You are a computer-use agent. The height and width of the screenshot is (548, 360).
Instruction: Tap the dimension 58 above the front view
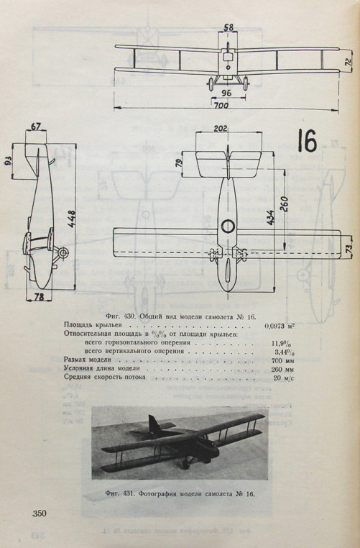pyautogui.click(x=229, y=27)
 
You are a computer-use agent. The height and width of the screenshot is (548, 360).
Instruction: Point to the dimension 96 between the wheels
pyautogui.click(x=226, y=93)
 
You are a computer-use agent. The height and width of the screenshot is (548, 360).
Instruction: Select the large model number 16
pyautogui.click(x=308, y=140)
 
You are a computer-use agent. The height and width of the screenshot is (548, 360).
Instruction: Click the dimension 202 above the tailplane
pyautogui.click(x=221, y=128)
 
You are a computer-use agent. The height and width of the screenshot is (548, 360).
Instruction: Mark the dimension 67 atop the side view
pyautogui.click(x=36, y=127)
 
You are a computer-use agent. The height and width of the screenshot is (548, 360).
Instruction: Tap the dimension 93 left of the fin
pyautogui.click(x=9, y=160)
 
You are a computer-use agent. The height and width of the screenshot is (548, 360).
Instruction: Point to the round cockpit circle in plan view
pyautogui.click(x=227, y=227)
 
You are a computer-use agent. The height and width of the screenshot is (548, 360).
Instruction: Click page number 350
pyautogui.click(x=40, y=513)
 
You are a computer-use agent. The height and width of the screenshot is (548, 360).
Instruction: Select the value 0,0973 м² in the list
pyautogui.click(x=279, y=326)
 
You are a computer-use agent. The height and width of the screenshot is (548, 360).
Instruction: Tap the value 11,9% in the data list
pyautogui.click(x=282, y=343)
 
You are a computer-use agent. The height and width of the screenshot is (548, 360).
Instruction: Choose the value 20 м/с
pyautogui.click(x=283, y=377)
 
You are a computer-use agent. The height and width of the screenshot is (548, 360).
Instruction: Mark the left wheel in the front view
pyautogui.click(x=211, y=84)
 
